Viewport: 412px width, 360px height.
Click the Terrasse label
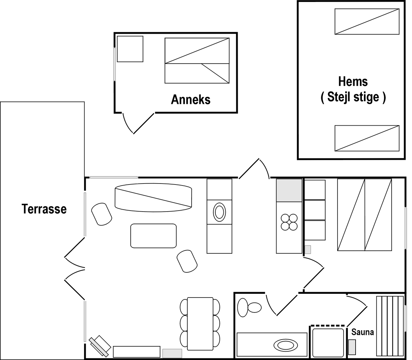(x=44, y=209)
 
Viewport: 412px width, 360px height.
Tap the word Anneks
(x=191, y=100)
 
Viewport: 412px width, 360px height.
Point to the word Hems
(x=353, y=82)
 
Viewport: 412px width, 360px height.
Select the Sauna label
(x=363, y=332)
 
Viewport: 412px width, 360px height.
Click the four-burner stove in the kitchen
(x=289, y=222)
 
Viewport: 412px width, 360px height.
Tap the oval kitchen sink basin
(x=219, y=212)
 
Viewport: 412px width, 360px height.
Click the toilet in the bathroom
(x=249, y=308)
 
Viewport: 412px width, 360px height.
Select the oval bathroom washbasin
(x=285, y=345)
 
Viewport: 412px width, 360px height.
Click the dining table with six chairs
(x=200, y=324)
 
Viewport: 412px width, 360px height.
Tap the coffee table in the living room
(x=153, y=236)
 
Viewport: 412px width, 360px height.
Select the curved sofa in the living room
(x=153, y=198)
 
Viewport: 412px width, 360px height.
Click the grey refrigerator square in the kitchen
(x=289, y=190)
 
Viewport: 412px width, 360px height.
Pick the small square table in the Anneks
(x=130, y=49)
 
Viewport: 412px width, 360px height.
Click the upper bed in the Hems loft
(x=367, y=21)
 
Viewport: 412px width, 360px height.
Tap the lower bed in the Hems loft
(x=367, y=138)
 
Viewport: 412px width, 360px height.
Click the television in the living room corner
(x=100, y=346)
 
